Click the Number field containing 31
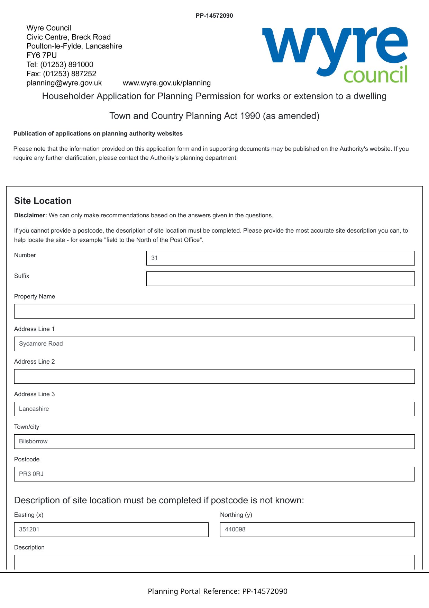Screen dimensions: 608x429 tap(280, 258)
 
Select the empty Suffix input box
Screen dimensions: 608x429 tap(280, 279)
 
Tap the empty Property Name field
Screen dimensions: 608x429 tap(214, 311)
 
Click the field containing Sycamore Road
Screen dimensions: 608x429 tap(214, 344)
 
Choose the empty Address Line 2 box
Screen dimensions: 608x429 tap(214, 376)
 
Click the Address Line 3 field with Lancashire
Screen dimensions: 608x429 tap(214, 409)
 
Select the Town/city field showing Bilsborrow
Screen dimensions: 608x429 tap(214, 442)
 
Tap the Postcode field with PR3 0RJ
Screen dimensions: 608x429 tap(214, 474)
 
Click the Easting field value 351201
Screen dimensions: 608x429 tap(111, 530)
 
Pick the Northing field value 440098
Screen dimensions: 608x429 tap(317, 530)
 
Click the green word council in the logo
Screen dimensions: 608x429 tap(375, 75)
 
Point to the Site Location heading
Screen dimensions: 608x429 tap(43, 201)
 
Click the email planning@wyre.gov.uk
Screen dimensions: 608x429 tap(64, 83)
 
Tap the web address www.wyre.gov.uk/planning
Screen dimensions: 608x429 tap(167, 83)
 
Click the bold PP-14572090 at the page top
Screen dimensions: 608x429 tap(214, 16)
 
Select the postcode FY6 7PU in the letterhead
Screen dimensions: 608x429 tap(42, 55)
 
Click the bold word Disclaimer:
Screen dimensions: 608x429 tap(30, 215)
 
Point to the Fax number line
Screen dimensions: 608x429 tap(61, 74)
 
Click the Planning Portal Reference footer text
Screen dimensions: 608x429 tap(217, 591)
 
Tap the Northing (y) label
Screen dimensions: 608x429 tap(236, 515)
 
